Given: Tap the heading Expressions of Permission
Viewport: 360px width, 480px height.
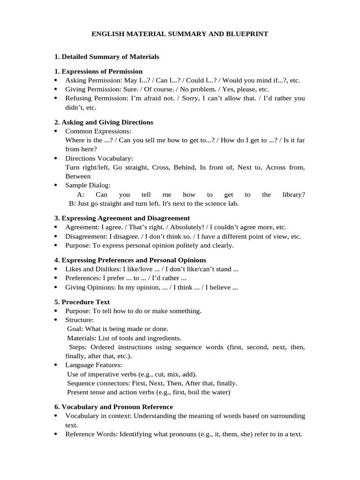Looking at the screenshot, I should (x=102, y=71).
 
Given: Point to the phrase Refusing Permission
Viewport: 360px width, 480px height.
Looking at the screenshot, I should (x=92, y=98).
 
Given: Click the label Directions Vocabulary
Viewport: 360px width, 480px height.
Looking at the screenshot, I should (x=99, y=158).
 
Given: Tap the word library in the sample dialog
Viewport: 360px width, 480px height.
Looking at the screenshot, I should (x=293, y=195).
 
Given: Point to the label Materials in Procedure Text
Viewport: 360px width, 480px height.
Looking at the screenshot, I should (x=82, y=338).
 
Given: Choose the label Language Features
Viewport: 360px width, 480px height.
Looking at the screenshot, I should (x=94, y=365).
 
